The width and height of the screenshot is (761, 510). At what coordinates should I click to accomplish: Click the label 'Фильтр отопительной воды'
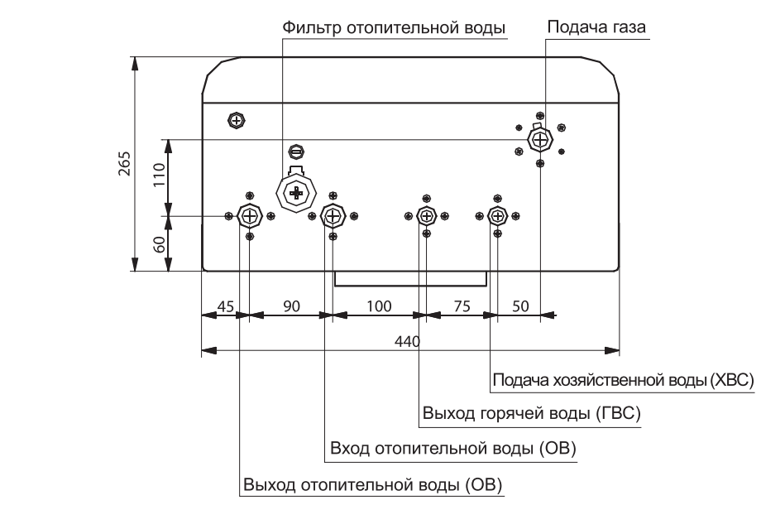tap(394, 27)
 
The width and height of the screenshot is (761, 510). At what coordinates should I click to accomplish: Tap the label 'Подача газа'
tap(596, 26)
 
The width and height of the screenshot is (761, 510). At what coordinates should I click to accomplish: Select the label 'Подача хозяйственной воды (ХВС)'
tap(624, 379)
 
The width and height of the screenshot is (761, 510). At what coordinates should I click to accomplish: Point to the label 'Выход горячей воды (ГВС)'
tap(531, 413)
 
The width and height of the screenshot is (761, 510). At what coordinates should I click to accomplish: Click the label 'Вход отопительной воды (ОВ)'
tap(453, 448)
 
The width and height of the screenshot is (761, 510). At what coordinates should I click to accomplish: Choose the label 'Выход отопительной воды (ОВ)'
tap(373, 484)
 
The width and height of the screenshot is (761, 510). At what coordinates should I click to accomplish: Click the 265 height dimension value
tap(125, 164)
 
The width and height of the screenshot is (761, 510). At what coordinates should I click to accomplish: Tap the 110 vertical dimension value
tap(159, 175)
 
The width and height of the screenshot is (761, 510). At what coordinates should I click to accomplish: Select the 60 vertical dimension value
tap(159, 244)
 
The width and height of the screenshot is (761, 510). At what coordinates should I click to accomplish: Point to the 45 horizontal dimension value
tap(225, 306)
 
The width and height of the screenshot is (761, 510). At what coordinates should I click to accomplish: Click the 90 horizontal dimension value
tap(292, 306)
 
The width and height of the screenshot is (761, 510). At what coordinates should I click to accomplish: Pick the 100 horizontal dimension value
tap(379, 306)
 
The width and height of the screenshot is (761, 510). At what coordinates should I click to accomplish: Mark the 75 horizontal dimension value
tap(462, 306)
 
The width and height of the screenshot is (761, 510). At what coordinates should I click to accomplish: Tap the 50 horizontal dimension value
tap(520, 306)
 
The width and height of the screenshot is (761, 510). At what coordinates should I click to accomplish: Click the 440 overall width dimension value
tap(407, 341)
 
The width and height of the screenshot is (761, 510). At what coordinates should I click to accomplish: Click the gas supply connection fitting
tap(539, 139)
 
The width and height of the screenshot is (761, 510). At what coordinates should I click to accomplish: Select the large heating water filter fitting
tap(296, 193)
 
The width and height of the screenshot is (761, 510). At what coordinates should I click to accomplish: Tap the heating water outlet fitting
tap(250, 215)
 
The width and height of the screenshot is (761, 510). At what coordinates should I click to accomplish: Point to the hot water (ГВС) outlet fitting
tap(427, 215)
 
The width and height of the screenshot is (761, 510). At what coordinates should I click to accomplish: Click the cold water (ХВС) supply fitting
tap(497, 215)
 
